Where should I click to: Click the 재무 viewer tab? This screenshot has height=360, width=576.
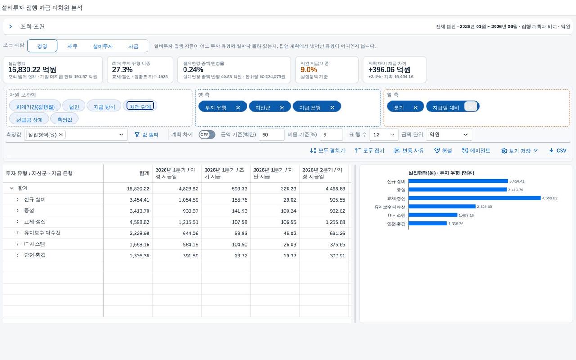point(72,46)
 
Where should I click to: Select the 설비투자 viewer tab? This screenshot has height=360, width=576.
point(103,46)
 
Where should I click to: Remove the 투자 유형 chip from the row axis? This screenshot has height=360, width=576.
point(238,108)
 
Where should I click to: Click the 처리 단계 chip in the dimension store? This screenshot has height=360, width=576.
point(140,106)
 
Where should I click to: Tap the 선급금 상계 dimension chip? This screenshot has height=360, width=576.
point(29,120)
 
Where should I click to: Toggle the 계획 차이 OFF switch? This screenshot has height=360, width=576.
point(207,135)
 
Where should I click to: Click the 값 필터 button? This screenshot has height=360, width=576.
point(147,135)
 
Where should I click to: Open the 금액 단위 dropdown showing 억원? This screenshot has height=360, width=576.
point(449,135)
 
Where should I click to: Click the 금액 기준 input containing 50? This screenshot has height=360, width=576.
point(271,135)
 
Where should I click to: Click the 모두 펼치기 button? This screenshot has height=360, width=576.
point(327,150)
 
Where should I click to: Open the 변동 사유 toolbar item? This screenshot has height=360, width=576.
point(409,150)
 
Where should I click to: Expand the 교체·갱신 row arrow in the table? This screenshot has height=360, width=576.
point(18,222)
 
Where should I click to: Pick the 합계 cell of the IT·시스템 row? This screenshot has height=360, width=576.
point(139,244)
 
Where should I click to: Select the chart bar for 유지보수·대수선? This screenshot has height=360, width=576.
point(442,207)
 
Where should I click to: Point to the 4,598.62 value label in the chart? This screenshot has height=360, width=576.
point(550,198)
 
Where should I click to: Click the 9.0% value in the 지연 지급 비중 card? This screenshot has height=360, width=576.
point(309,69)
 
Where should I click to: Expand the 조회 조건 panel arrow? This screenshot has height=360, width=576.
point(10,27)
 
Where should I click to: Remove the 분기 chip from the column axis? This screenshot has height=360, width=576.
point(415,108)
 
